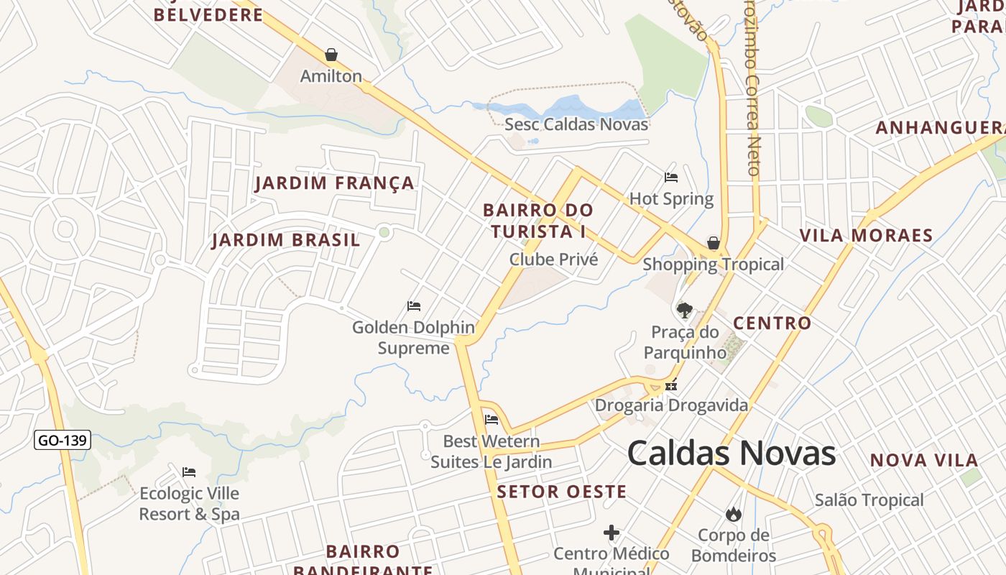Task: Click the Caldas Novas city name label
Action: tap(732, 454)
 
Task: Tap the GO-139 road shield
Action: tap(63, 440)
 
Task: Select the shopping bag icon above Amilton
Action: tap(331, 55)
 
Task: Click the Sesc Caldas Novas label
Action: tap(576, 124)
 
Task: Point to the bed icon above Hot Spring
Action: tap(671, 177)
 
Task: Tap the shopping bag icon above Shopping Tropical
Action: tap(714, 243)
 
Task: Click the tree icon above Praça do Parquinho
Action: tap(685, 310)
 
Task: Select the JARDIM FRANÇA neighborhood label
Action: tap(335, 183)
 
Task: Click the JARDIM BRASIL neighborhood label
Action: tap(286, 240)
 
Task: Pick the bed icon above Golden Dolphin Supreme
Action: tap(414, 306)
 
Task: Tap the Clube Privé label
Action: tap(553, 259)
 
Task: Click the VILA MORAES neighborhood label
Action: tap(866, 235)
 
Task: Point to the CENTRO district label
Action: tap(772, 323)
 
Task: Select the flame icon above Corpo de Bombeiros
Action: tap(733, 514)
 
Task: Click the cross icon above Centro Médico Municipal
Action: tap(612, 533)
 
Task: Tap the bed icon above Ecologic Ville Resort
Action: tap(189, 472)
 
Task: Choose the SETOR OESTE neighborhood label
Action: tap(562, 492)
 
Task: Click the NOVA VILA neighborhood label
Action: tap(924, 461)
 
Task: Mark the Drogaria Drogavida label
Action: tap(671, 405)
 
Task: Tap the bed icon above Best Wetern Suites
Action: tap(492, 420)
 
